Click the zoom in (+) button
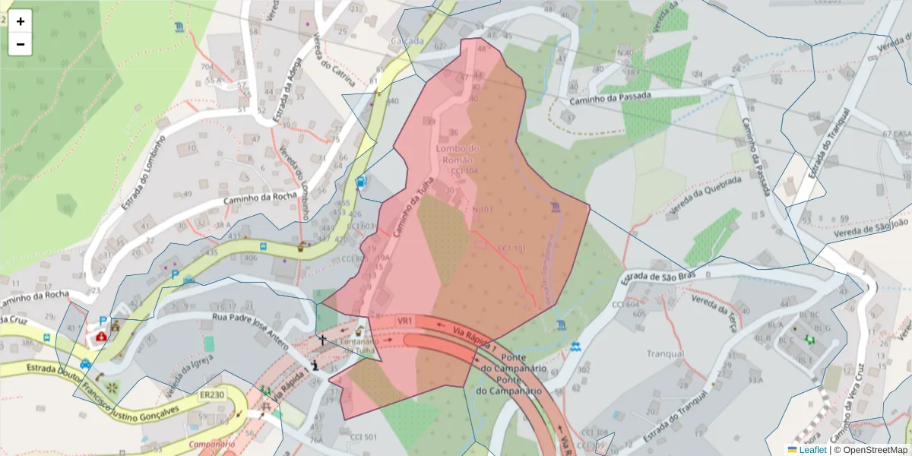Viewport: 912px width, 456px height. [21, 21]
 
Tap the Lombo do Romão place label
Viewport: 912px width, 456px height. [458, 154]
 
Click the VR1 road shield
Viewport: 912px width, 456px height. [404, 321]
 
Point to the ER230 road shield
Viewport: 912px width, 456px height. [212, 394]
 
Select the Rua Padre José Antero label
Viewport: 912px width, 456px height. [250, 332]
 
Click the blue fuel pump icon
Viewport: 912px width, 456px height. [361, 182]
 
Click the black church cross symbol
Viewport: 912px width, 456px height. [322, 340]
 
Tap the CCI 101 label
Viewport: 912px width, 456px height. [511, 249]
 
